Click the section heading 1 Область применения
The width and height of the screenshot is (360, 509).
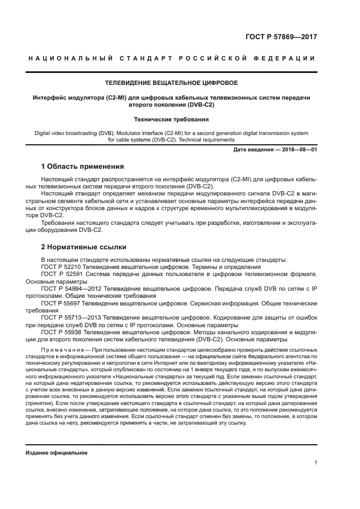pyautogui.click(x=82, y=166)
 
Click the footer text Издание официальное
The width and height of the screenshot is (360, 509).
pyautogui.click(x=57, y=453)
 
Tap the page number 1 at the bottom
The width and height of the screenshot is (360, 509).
pyautogui.click(x=315, y=463)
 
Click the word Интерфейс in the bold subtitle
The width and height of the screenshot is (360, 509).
pyautogui.click(x=50, y=97)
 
